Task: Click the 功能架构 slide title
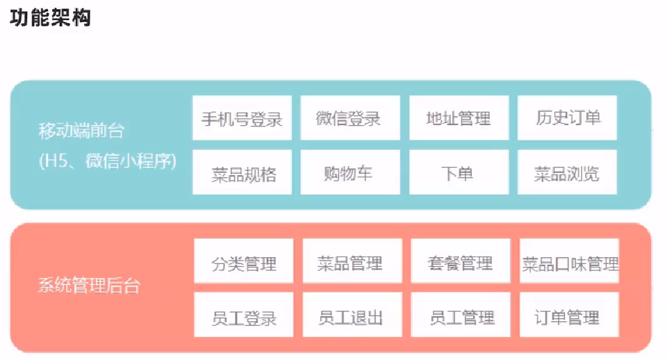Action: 50,17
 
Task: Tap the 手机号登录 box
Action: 242,118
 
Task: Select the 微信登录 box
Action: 349,118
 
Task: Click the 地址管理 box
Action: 459,118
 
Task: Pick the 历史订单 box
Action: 567,118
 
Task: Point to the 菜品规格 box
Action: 242,172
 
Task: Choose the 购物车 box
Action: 349,172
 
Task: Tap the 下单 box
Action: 459,172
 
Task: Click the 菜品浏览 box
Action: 567,172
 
